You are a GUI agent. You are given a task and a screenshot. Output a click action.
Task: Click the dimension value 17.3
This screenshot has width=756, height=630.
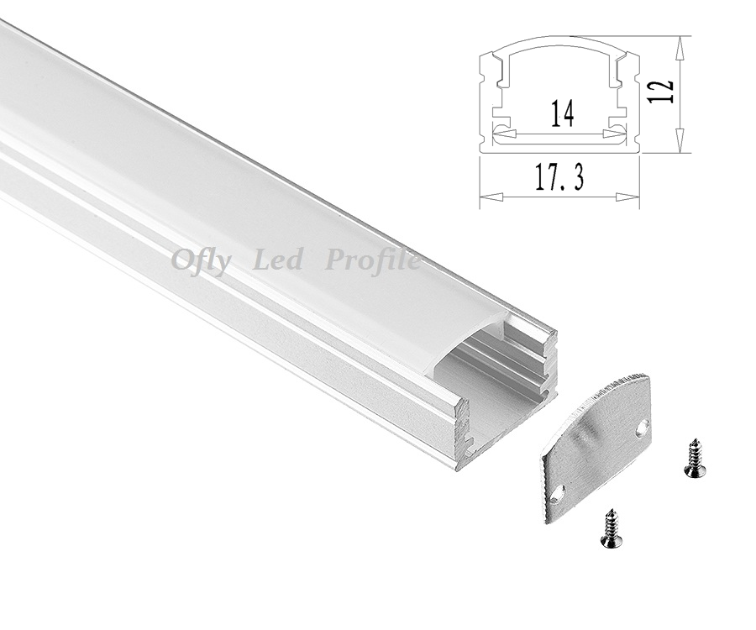559,177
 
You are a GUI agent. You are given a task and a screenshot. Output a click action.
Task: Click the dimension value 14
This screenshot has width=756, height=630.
562,113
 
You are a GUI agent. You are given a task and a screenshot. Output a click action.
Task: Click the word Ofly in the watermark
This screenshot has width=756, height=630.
198,262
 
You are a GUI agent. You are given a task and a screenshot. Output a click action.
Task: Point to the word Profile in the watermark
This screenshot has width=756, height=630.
372,262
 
